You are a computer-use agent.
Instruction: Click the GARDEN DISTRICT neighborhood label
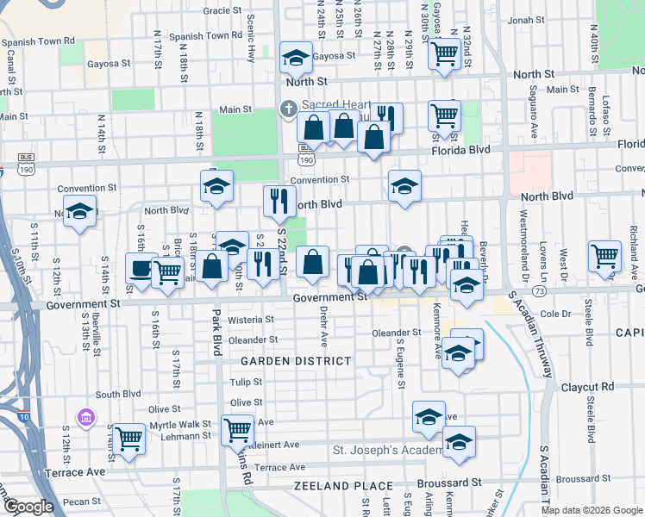[296, 360]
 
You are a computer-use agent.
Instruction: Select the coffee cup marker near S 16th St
[141, 268]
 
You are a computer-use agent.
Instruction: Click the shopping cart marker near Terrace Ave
[128, 439]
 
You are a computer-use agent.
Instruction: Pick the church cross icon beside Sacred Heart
[288, 109]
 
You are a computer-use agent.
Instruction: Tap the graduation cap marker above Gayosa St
[296, 59]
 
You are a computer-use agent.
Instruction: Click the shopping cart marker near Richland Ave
[604, 256]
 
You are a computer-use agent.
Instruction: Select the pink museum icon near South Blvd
[86, 419]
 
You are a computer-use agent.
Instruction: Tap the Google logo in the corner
[28, 507]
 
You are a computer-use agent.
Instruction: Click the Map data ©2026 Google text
[592, 510]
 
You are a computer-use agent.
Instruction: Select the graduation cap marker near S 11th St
[79, 211]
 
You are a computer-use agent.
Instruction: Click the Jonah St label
[525, 19]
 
